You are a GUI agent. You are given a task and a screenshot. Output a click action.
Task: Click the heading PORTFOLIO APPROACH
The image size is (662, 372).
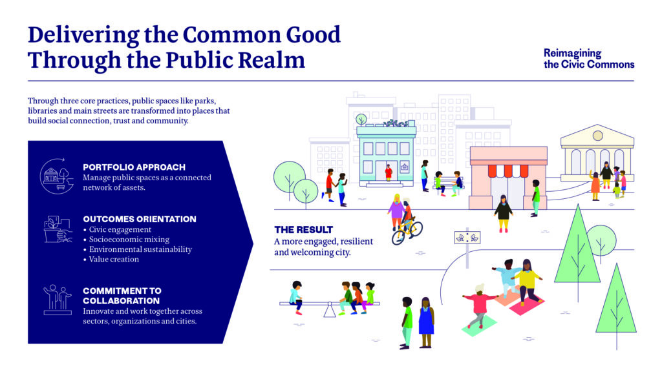point(134,167)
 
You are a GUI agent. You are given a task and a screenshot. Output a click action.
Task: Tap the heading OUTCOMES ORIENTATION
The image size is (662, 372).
point(140,219)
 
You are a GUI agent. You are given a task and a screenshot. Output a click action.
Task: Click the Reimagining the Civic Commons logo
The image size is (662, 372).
point(588,59)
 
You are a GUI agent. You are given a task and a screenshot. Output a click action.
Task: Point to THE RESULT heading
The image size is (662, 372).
point(304,230)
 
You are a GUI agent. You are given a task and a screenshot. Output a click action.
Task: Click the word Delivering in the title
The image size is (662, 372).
point(83,35)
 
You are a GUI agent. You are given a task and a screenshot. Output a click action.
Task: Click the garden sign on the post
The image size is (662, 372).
point(467,238)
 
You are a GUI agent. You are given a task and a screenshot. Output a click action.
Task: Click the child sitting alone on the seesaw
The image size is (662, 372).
point(296,297)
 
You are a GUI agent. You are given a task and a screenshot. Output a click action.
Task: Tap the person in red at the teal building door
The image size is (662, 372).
point(389,172)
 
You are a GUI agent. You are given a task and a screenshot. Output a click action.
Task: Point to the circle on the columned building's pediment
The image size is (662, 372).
point(597,136)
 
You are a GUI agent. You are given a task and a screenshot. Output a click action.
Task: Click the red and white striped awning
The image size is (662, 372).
point(508,170)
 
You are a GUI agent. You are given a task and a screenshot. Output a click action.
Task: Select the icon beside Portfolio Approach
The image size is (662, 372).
point(57,176)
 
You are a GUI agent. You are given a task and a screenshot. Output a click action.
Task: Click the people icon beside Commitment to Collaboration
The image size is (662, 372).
point(58,300)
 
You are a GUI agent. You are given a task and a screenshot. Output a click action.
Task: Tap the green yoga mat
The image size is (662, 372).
point(479,326)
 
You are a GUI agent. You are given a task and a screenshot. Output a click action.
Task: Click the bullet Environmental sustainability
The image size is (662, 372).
point(140,249)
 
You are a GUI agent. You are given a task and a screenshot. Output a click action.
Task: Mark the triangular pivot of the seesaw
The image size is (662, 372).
point(330,310)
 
